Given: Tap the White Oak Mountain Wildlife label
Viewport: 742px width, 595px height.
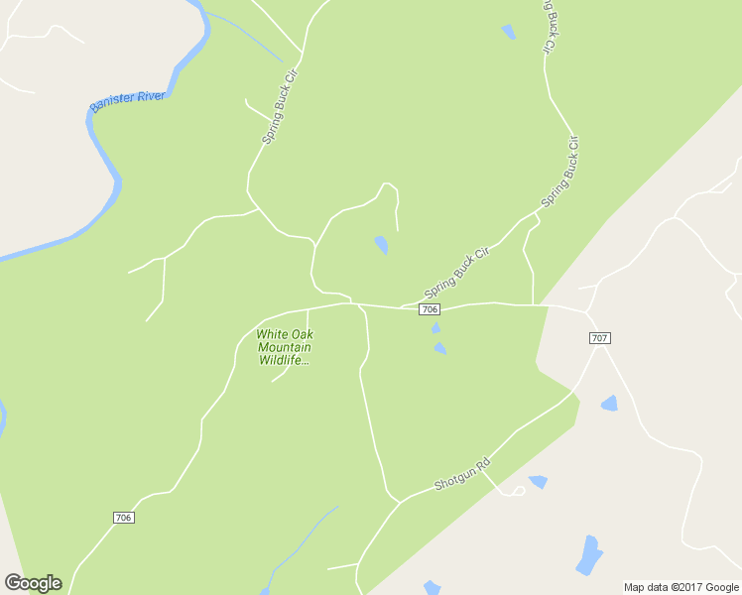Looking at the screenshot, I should pos(284,347).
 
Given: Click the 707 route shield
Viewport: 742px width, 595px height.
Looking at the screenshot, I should pos(599,338).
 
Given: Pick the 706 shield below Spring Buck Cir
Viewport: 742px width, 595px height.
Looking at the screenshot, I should pos(430,309).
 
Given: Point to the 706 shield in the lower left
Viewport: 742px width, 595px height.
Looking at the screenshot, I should pos(123,518).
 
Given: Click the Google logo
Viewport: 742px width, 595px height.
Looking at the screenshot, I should pos(33,583).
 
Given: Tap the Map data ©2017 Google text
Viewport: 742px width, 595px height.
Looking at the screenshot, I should pos(680,587).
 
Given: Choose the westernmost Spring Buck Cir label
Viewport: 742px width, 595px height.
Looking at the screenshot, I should pos(281,107).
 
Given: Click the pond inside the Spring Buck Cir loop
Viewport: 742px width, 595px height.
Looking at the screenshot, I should pos(381,244).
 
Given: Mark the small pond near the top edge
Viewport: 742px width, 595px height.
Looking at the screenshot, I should pos(508,32).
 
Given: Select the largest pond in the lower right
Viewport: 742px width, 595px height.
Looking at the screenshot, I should pos(589,556).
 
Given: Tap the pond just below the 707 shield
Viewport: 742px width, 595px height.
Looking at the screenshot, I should pos(609,403).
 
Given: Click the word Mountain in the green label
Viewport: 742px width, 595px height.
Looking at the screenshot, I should pos(285,347).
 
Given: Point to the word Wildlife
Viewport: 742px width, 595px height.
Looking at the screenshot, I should pos(284,360).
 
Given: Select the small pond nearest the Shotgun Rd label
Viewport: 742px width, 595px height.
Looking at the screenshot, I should pos(539,482).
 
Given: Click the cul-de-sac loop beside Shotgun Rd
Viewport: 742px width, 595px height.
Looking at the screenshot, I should pos(516,490).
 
